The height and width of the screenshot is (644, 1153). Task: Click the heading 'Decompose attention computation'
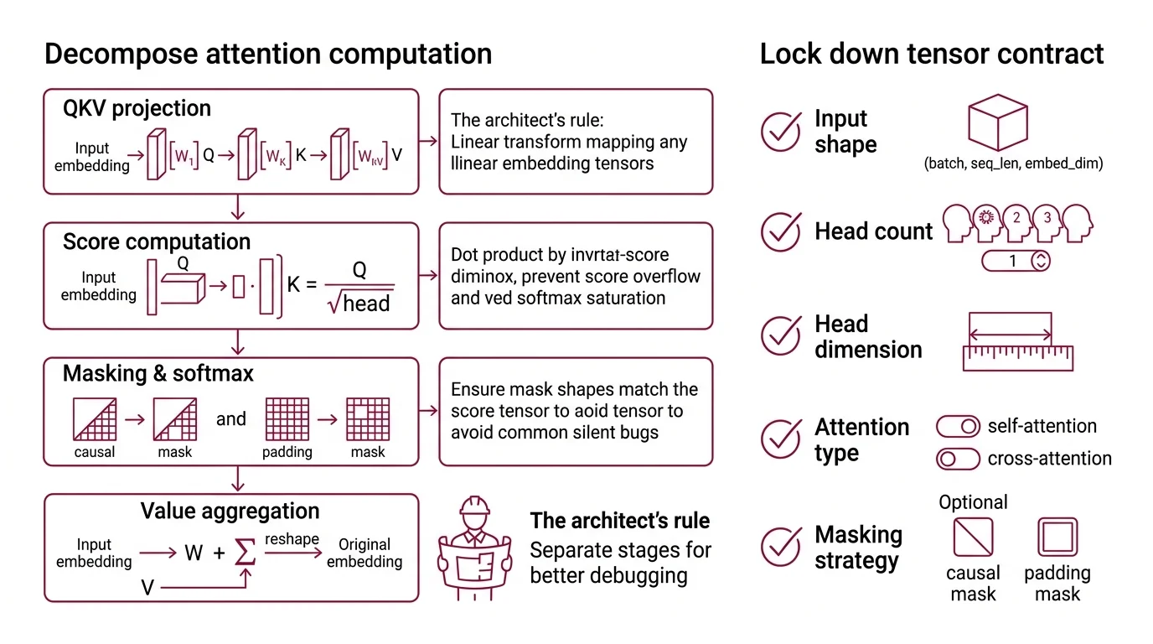[x=267, y=54]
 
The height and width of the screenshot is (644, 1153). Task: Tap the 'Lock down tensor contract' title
[x=931, y=54]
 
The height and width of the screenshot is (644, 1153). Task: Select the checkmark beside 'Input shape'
[x=781, y=132]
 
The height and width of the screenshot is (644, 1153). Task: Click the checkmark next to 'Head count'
[x=781, y=231]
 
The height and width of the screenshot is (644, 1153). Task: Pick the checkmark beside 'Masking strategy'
[x=781, y=548]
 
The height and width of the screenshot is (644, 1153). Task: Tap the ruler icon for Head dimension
[x=1017, y=342]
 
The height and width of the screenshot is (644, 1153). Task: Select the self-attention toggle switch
[x=958, y=426]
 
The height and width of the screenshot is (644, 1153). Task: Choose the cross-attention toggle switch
[x=958, y=459]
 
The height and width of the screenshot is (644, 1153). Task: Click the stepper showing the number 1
[x=1016, y=261]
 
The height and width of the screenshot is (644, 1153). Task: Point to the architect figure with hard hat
[x=474, y=541]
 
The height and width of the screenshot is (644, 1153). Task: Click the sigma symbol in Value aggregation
[x=245, y=553]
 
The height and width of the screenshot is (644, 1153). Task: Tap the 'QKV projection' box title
[x=137, y=108]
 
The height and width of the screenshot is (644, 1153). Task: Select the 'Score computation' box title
[x=156, y=241]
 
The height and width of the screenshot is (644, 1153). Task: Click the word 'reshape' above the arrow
[x=292, y=538]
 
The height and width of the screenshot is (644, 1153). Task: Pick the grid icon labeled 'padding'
[x=287, y=419]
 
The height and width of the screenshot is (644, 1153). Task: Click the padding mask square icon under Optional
[x=1057, y=538]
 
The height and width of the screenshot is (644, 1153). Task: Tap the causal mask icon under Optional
[x=973, y=538]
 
